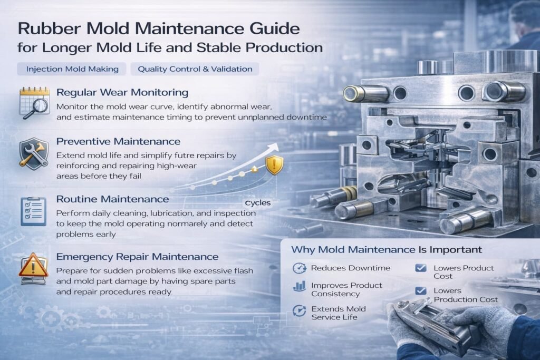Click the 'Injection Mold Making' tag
coord(72,69)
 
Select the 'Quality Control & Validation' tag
coord(195,69)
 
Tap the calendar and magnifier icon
coord(34,103)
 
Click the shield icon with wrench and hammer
coord(34,153)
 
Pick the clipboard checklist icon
coord(33,211)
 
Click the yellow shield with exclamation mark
coord(274,165)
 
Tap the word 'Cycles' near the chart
coord(257,203)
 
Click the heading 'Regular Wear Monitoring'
coord(122,92)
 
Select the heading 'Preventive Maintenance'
coord(118,141)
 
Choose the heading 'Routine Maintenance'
coord(113,199)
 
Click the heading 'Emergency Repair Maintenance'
coord(137,257)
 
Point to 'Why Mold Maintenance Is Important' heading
coord(387,249)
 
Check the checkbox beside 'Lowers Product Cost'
coord(421,268)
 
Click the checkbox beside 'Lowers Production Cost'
coord(421,291)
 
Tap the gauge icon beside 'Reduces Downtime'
coord(300,268)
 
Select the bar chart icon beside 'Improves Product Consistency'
coord(300,286)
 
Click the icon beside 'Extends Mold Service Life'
coord(299,310)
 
